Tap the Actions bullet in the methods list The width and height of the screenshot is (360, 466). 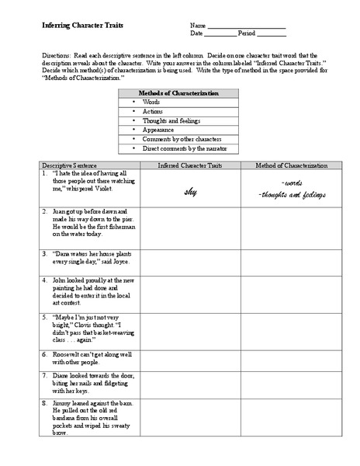tap(154, 111)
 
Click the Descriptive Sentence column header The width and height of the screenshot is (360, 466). tap(67, 166)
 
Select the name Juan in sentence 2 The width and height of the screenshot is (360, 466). tap(59, 211)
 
